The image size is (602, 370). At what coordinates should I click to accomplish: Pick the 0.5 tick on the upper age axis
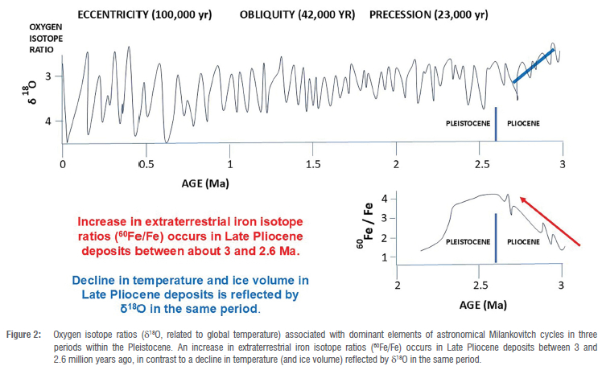point(146,164)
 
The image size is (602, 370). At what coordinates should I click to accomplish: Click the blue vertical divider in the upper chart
point(496,124)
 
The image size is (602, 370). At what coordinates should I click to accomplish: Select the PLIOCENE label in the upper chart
point(522,125)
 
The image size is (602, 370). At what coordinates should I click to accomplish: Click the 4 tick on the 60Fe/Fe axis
point(385,198)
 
